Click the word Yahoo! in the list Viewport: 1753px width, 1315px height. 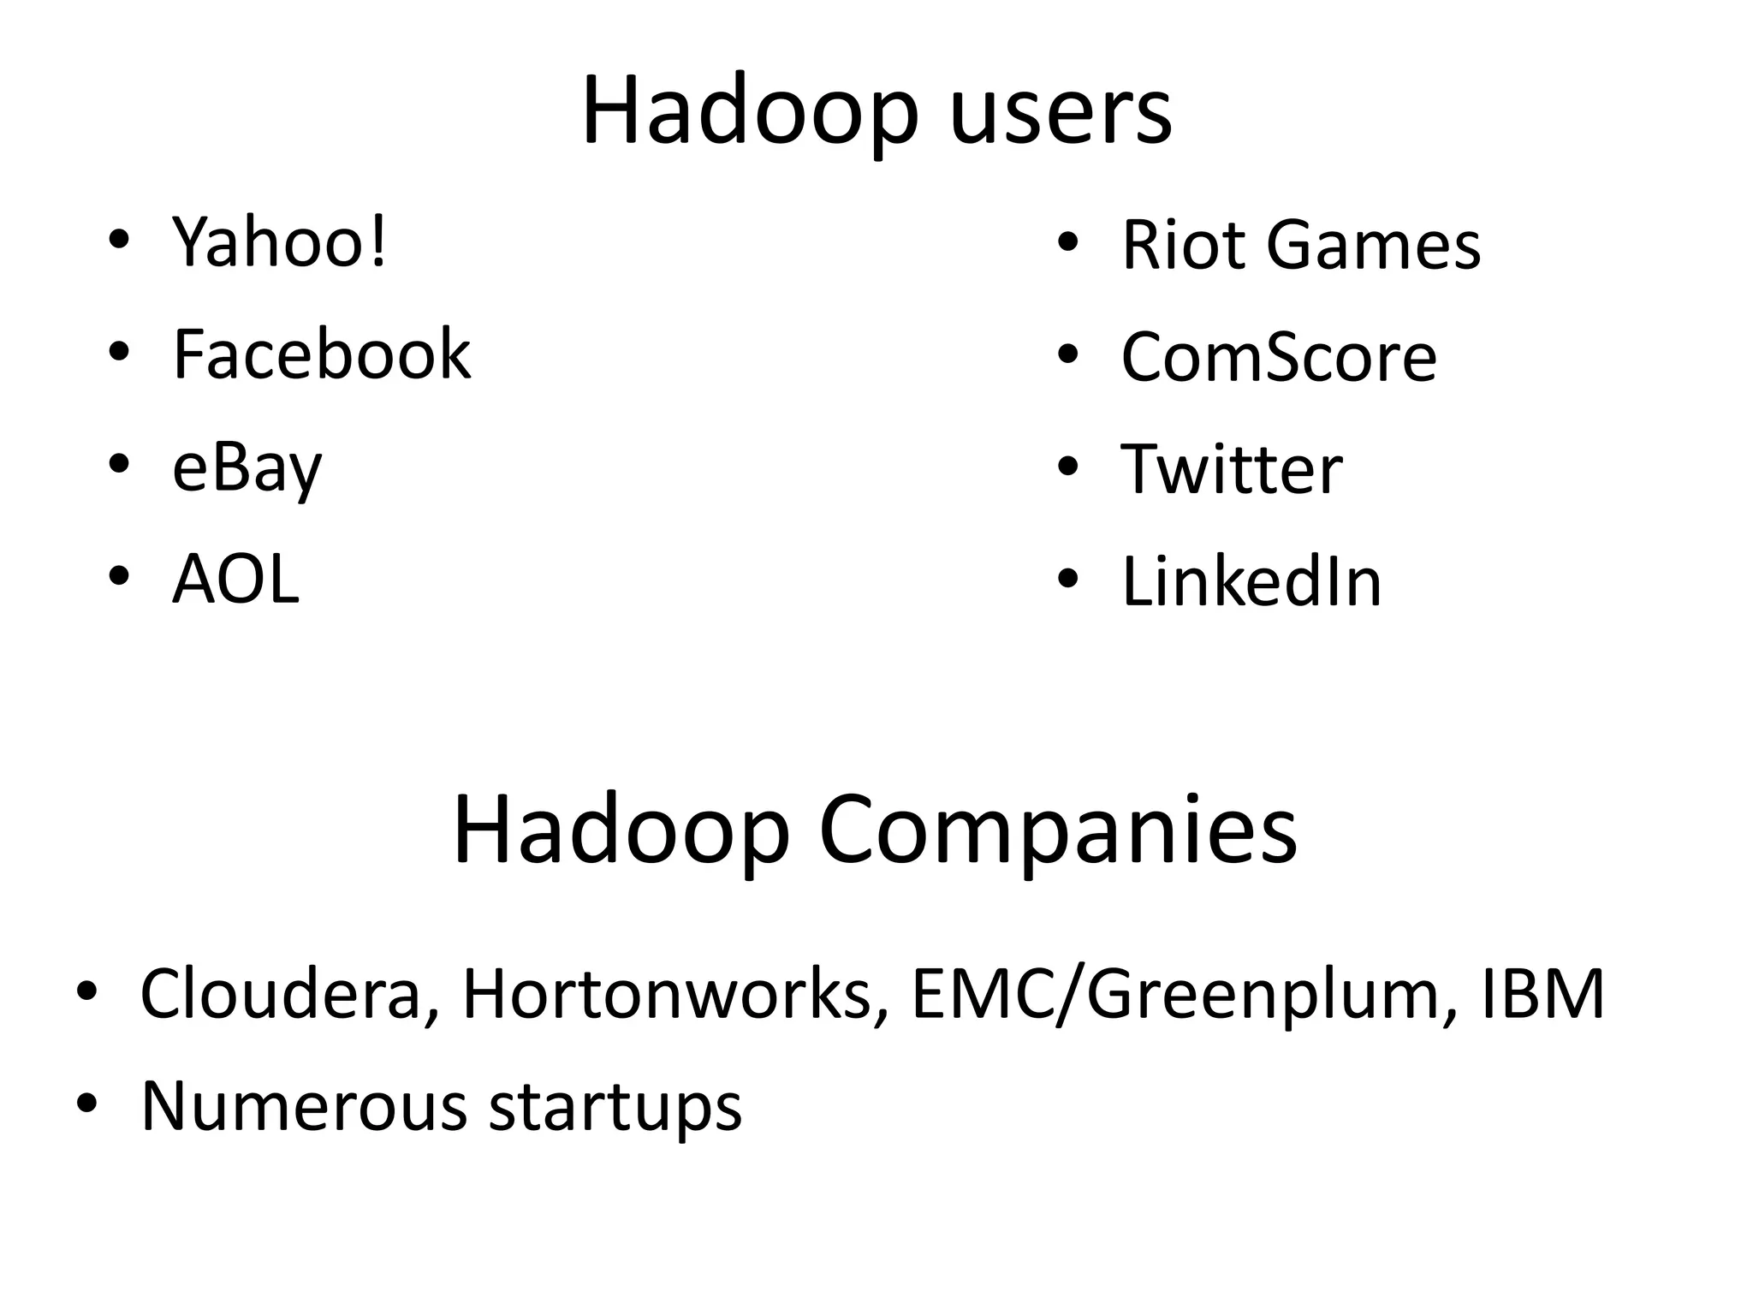coord(280,242)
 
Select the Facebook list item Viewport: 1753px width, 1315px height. coord(321,354)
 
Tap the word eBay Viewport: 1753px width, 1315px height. coord(247,468)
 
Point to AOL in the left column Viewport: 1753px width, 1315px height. coord(235,580)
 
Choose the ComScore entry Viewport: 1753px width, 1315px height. coord(1278,357)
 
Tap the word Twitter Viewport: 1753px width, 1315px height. coord(1231,470)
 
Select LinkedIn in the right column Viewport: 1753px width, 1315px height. coord(1251,582)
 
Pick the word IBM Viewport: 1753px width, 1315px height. coord(1542,994)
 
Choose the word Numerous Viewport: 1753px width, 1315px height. coord(304,1106)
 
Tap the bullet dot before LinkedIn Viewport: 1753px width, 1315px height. coord(1067,579)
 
